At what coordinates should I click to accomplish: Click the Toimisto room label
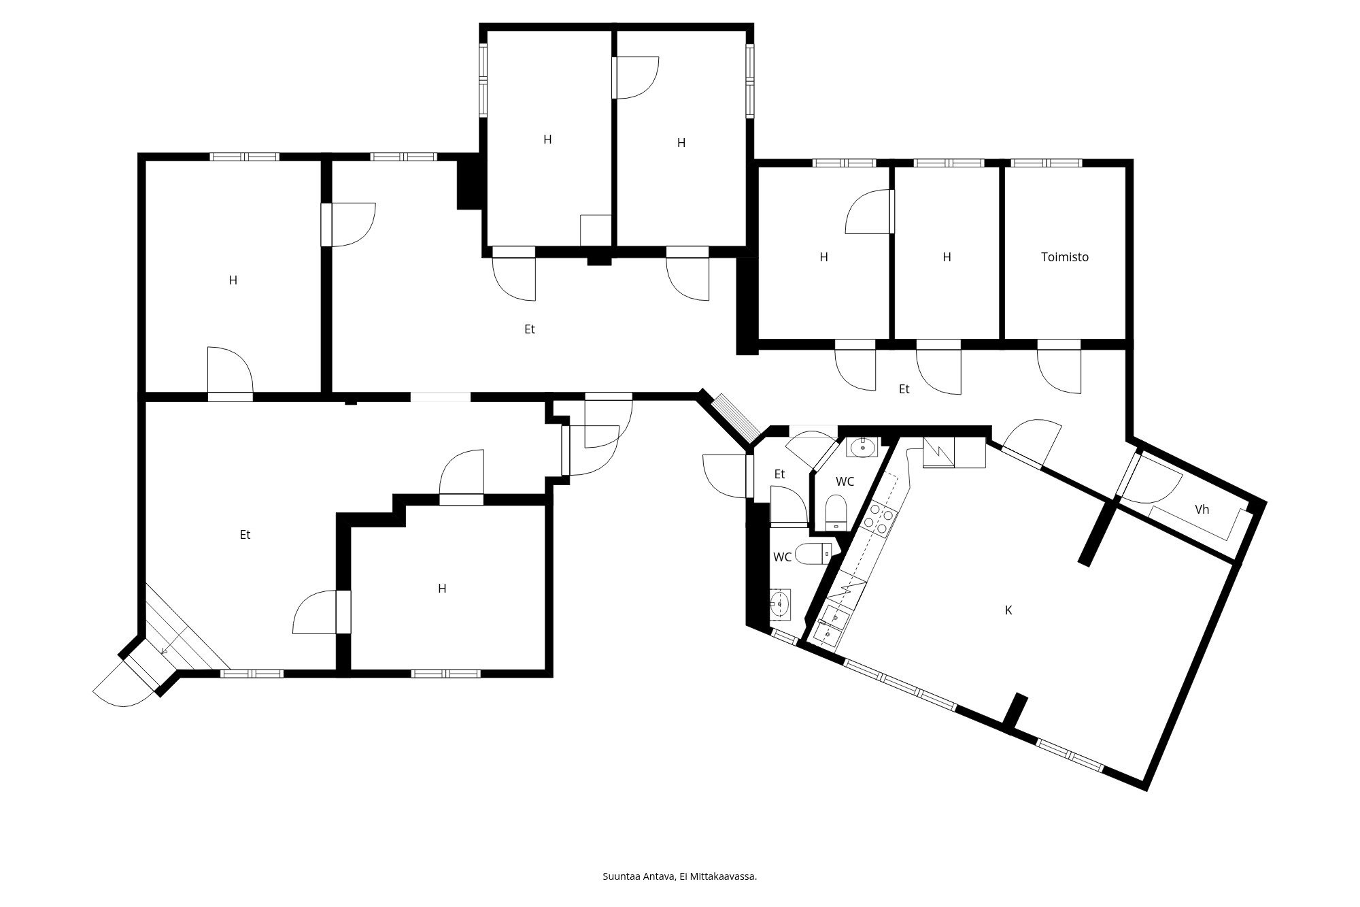(1065, 257)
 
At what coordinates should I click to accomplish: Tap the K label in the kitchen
(1008, 610)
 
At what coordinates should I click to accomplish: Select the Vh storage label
(1202, 510)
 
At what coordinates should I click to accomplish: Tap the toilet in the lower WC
(813, 554)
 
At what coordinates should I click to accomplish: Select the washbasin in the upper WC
(862, 447)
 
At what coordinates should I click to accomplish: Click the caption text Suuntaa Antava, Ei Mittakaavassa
(680, 876)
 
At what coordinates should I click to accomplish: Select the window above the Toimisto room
(1047, 163)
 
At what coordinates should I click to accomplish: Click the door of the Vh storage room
(1149, 480)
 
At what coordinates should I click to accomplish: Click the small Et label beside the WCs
(779, 474)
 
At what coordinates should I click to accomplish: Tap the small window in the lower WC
(785, 637)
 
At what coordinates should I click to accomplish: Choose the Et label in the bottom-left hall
(245, 535)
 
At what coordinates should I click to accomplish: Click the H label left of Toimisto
(947, 257)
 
